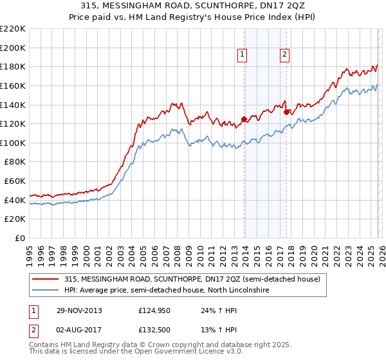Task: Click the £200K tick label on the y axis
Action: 13,48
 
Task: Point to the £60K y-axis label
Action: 15,181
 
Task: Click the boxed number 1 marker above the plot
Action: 243,55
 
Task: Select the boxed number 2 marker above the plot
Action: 284,55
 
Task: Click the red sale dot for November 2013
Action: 244,119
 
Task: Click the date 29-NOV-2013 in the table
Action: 79,310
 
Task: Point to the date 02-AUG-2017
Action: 79,330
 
